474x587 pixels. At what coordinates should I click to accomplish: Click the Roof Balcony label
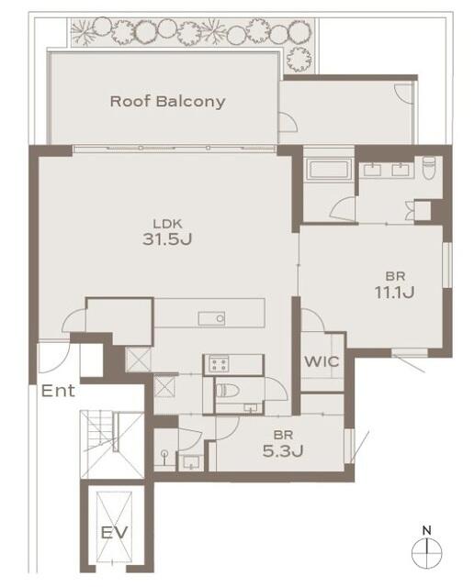coord(167,102)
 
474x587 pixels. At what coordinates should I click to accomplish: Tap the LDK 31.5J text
coord(167,233)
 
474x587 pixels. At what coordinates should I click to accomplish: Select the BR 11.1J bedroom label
coord(395,285)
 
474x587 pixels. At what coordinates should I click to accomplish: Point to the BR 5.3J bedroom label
coord(283,444)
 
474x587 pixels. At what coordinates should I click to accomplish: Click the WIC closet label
coord(322,361)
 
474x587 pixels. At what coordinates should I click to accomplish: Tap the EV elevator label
coord(115,532)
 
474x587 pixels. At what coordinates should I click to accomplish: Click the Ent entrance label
coord(58,391)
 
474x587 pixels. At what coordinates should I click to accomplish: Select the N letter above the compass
coord(427,530)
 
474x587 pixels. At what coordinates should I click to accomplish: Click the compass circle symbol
coord(427,553)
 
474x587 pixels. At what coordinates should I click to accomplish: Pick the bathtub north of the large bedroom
coord(329,169)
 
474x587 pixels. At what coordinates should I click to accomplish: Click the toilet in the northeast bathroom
coord(429,167)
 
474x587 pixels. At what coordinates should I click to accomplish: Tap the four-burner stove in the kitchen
coord(219,364)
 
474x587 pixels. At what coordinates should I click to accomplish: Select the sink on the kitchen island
coord(211,318)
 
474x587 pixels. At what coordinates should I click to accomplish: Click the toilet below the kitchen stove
coord(228,391)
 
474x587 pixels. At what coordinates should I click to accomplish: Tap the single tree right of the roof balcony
coord(299,59)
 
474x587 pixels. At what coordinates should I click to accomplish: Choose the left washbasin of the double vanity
coord(372,170)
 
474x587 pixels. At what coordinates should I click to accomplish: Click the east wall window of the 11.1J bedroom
coord(447,265)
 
